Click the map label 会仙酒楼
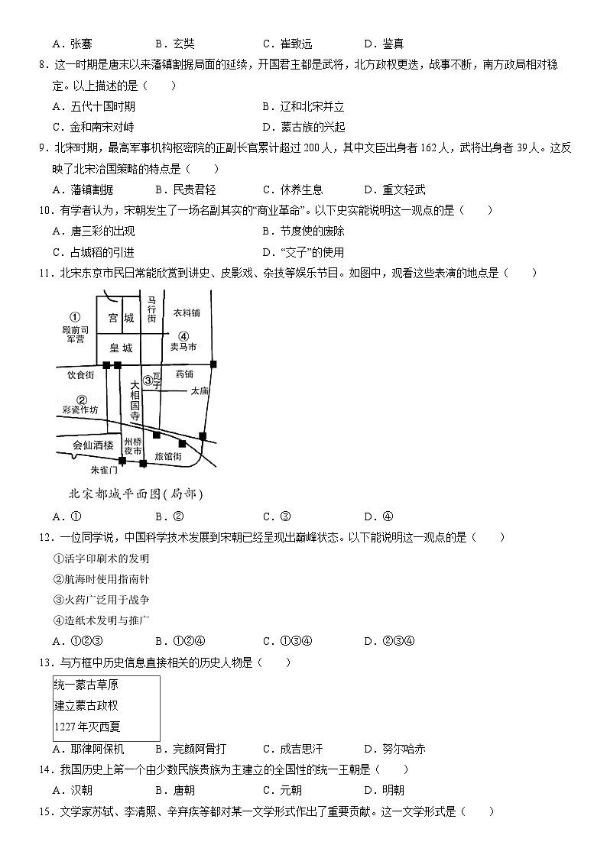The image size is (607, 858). [93, 445]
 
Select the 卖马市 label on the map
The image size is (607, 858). [183, 346]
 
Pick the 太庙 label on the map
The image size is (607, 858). [200, 390]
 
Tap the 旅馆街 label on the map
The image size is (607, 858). [168, 456]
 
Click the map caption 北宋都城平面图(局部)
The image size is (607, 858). [136, 493]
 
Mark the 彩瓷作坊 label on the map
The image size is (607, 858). [80, 410]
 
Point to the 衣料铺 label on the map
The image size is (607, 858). [186, 312]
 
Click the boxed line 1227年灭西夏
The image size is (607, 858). [87, 727]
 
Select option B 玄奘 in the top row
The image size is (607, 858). [174, 44]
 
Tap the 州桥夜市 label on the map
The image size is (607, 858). [133, 447]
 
